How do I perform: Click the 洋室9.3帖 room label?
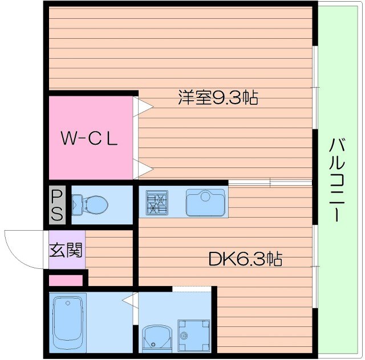coord(218,98)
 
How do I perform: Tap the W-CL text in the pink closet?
coord(90,138)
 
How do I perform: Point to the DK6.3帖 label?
coord(245,260)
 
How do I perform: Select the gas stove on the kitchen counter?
coord(157,202)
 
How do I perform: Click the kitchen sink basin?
coord(205,202)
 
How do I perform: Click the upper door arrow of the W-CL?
coord(143,106)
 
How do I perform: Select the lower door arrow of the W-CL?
coord(143,168)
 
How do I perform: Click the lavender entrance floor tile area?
coord(66,250)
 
